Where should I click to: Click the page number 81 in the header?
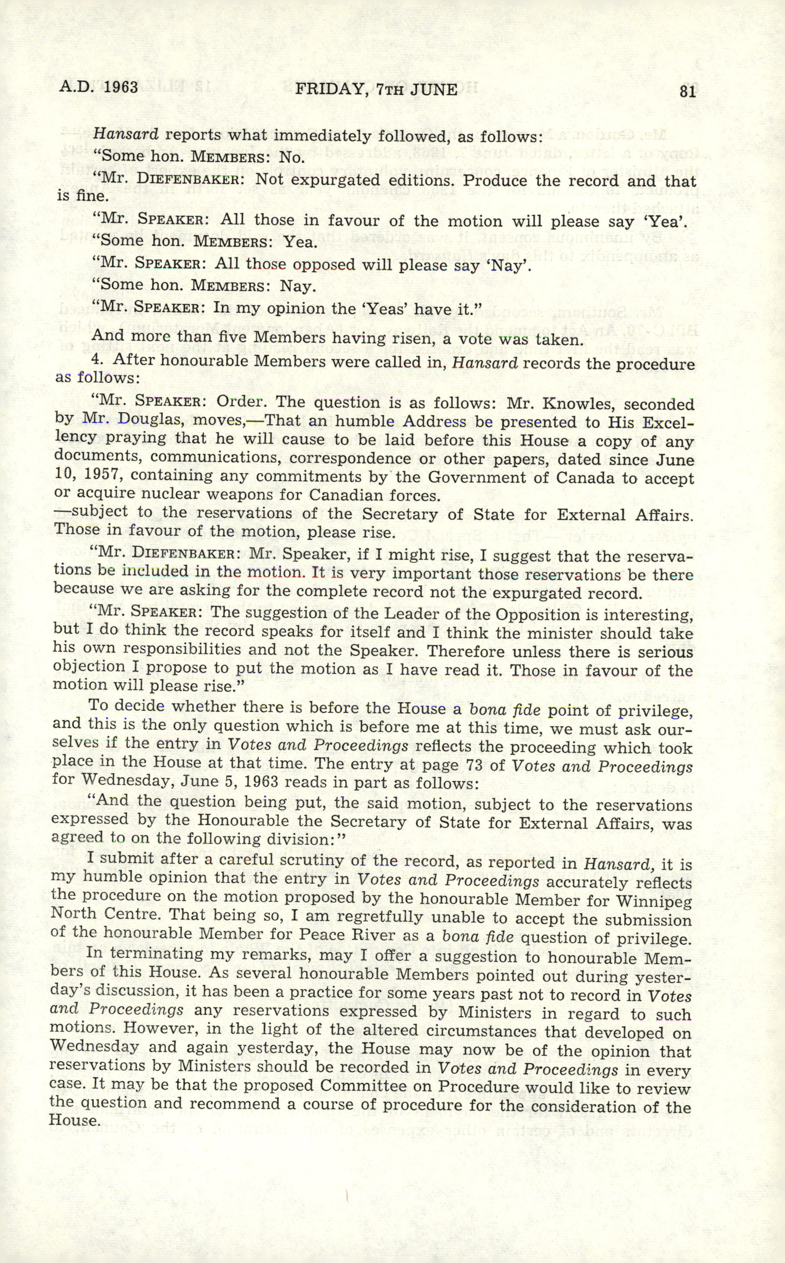(x=687, y=92)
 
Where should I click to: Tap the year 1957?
(x=101, y=475)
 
